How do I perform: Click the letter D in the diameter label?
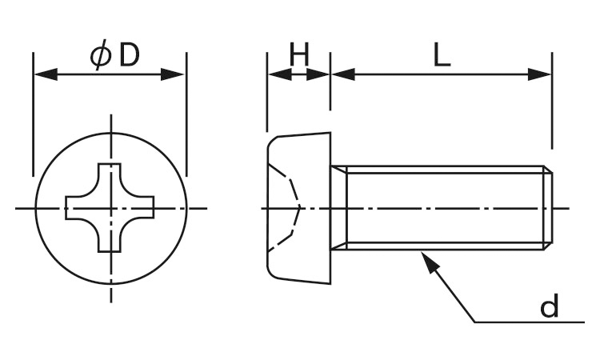point(129,56)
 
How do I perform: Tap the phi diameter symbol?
point(101,56)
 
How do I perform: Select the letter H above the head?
point(299,54)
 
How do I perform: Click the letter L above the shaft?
point(442,55)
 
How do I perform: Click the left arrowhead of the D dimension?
point(46,74)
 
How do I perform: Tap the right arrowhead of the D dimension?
point(173,74)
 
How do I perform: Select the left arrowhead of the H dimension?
point(280,74)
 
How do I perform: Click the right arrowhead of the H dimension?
point(318,74)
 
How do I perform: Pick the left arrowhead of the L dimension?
point(343,74)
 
